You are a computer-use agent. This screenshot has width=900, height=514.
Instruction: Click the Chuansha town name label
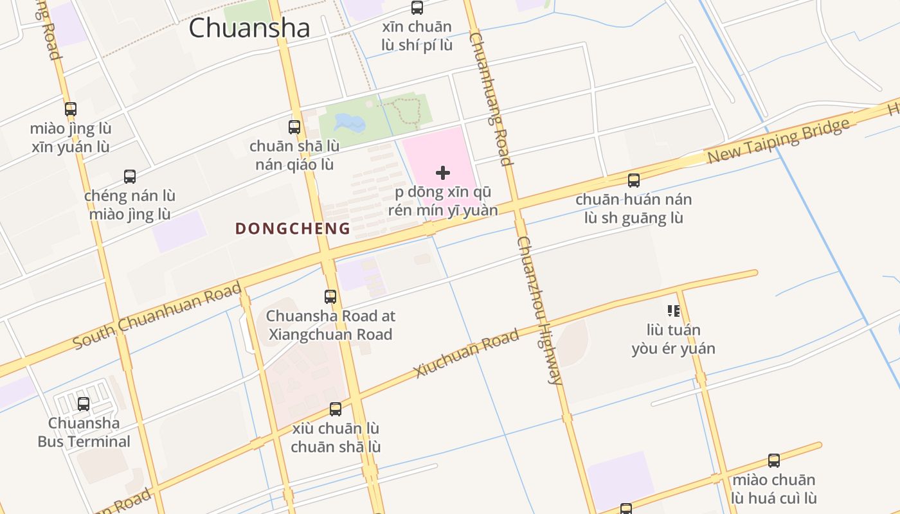(249, 28)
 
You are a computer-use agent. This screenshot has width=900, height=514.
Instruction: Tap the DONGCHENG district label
(292, 229)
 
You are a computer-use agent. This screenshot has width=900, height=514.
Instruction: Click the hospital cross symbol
(442, 173)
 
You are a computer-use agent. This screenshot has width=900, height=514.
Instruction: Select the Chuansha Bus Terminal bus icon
(84, 403)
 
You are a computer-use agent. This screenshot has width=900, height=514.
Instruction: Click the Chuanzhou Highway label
(540, 310)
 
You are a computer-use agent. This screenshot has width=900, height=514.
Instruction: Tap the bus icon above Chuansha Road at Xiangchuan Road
(330, 296)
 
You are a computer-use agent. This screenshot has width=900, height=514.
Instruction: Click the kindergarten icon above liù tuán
(673, 311)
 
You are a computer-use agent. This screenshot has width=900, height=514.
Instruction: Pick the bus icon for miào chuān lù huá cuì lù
(774, 460)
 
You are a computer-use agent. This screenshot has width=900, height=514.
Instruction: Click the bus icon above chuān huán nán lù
(634, 180)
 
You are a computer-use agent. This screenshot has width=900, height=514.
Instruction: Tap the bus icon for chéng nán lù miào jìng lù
(130, 176)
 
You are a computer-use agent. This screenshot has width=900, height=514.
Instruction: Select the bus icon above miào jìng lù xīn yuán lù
(71, 109)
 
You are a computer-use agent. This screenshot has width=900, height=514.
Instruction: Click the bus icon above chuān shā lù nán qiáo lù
(294, 127)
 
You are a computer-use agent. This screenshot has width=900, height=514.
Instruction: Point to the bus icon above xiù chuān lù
(336, 409)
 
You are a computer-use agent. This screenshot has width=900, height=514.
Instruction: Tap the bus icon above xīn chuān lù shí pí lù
(417, 8)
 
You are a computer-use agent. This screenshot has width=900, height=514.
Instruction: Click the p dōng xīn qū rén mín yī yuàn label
(442, 201)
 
